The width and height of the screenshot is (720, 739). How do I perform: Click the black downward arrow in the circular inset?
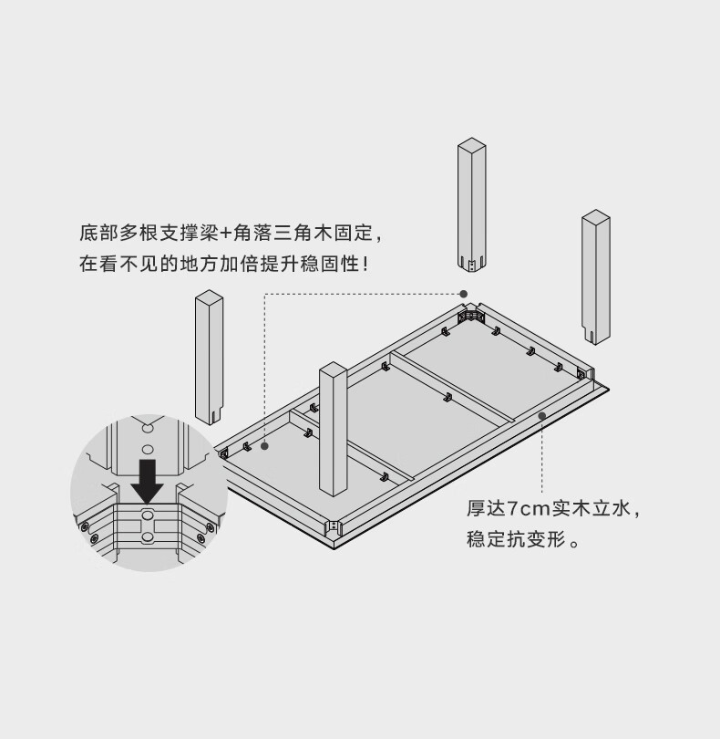(x=148, y=481)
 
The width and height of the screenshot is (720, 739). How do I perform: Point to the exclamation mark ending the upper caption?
(x=365, y=264)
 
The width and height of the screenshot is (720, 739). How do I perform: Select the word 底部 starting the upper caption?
(x=98, y=234)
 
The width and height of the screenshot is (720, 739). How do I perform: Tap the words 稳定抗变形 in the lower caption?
(x=516, y=539)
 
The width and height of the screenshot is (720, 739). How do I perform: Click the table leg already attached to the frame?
(x=334, y=429)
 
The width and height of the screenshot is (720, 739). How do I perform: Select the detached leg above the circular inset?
(x=209, y=358)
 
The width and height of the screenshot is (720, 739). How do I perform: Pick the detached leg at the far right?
(x=596, y=277)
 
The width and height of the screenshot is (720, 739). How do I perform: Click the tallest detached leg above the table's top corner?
(x=471, y=205)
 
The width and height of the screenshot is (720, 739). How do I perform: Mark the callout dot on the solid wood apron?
(x=542, y=416)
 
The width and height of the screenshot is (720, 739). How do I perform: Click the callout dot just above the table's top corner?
(x=463, y=294)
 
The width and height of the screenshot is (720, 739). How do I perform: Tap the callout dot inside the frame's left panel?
(x=264, y=446)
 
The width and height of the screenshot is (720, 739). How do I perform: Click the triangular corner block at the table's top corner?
(x=471, y=315)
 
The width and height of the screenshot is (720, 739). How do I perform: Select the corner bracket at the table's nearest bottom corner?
(x=334, y=526)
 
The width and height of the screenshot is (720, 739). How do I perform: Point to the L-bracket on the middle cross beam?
(x=447, y=398)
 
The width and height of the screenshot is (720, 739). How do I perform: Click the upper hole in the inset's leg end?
(x=148, y=429)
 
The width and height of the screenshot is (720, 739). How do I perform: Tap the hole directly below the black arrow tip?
(x=148, y=515)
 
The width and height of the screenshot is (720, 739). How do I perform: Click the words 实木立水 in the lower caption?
(x=591, y=509)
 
